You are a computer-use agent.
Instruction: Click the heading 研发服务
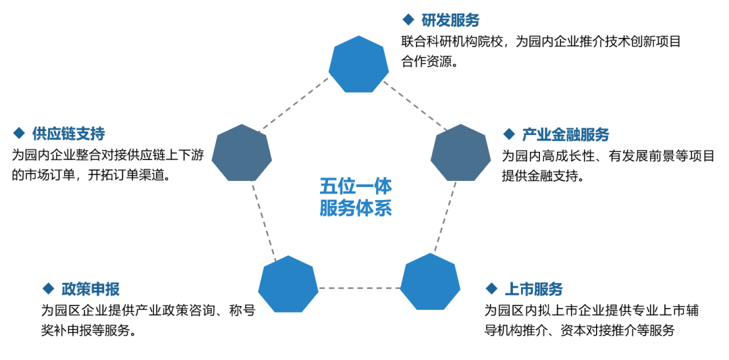pos(450,20)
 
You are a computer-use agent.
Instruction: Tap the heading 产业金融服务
pos(566,135)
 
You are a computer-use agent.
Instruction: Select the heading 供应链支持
pos(68,134)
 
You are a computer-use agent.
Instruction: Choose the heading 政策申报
pos(90,289)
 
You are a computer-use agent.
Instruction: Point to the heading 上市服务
pos(533,289)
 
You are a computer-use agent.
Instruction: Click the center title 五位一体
pos(356,187)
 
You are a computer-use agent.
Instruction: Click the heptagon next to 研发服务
pos(358,64)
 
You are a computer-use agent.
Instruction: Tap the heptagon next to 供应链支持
pos(242,153)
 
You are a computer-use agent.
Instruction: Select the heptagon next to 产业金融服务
pos(461,153)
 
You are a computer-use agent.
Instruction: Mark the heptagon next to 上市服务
pos(430,282)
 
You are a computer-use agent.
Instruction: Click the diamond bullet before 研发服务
pos(408,20)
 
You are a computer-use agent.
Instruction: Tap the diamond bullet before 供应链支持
pos(19,134)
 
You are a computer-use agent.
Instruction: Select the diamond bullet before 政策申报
pos(48,288)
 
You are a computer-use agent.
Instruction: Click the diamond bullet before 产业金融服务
pos(509,134)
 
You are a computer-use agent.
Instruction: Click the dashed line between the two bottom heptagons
pos(359,288)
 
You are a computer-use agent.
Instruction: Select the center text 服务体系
pos(356,208)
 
